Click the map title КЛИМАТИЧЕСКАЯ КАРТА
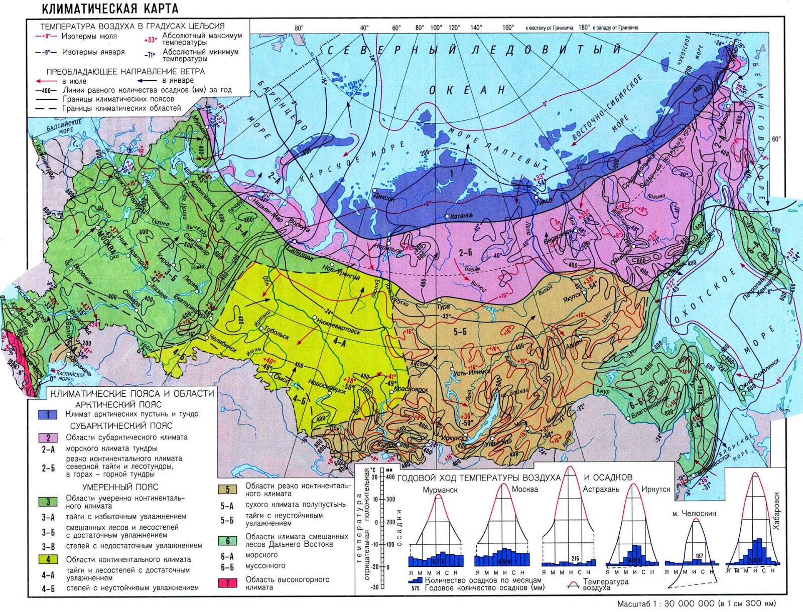109,9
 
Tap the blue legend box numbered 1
48,414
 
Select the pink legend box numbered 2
48,437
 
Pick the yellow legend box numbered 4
48,559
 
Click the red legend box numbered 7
227,583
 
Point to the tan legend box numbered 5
227,490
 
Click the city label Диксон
384,197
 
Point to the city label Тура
443,306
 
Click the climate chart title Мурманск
440,490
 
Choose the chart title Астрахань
601,489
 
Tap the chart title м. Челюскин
694,514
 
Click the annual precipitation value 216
575,558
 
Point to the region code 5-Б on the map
460,332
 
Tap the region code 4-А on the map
339,343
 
